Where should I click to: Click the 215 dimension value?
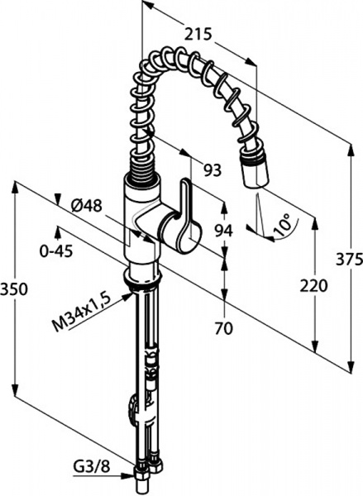point(198,34)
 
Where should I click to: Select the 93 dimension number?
point(213,171)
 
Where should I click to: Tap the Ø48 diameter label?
point(86,206)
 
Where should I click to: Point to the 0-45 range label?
point(56,251)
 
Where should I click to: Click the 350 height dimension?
point(15,289)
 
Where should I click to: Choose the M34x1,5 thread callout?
point(81,312)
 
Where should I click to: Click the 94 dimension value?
point(224,231)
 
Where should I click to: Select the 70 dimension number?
point(223,329)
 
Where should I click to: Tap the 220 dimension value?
point(313,286)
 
